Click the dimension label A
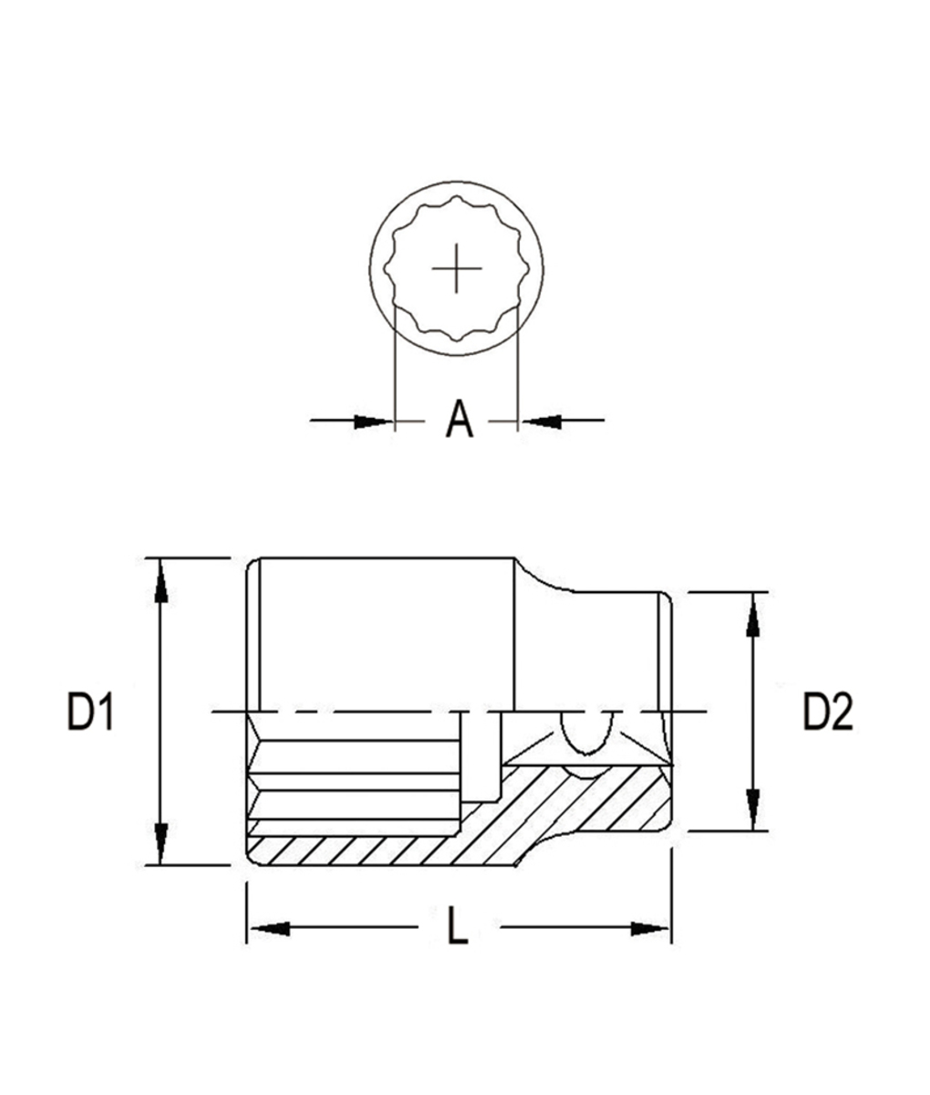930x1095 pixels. pos(460,420)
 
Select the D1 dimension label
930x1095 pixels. pos(90,712)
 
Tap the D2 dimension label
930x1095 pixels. pos(827,712)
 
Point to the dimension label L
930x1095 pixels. pos(458,928)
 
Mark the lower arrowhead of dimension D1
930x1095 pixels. pos(160,845)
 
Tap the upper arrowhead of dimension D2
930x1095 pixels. pos(752,612)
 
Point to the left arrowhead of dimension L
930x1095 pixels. pos(268,928)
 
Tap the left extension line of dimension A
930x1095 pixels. pos(394,365)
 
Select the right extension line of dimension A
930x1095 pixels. pos(518,365)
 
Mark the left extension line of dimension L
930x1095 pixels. pos(246,912)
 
